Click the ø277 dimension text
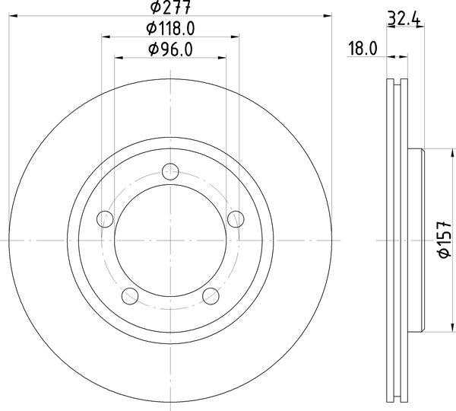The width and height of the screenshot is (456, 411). [170, 8]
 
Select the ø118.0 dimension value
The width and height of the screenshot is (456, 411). [170, 29]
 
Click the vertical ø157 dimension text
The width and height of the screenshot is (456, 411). [445, 241]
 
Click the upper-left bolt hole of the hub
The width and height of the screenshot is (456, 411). [106, 220]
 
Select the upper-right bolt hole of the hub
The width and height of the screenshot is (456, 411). [236, 219]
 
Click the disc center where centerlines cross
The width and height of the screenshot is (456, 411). [171, 240]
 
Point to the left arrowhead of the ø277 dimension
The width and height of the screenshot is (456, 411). [12, 14]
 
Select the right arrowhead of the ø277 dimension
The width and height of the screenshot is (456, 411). [330, 14]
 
